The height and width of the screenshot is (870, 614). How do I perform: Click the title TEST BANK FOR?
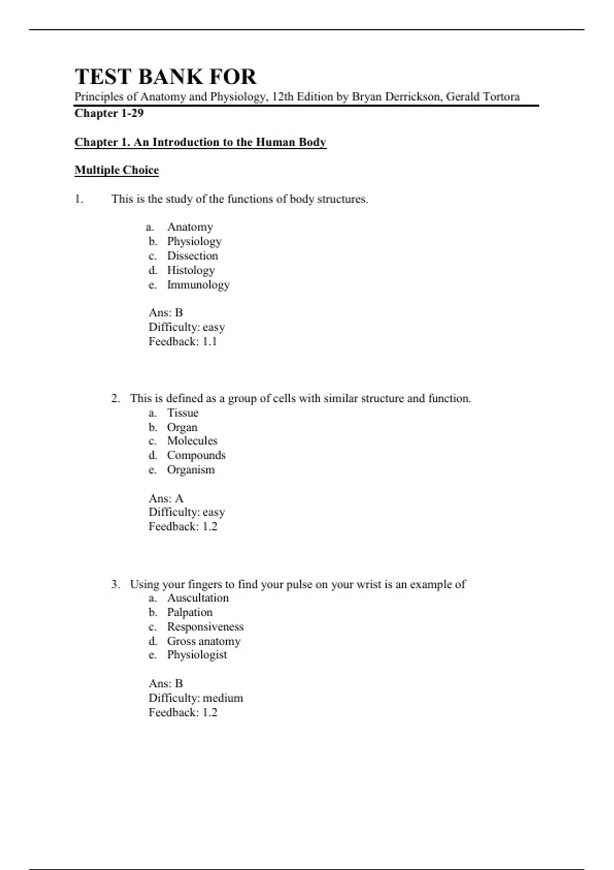(x=165, y=77)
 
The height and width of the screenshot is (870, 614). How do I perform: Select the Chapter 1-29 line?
(x=109, y=113)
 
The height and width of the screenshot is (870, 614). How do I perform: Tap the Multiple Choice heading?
(x=117, y=170)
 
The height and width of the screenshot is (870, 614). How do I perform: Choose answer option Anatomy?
(x=190, y=227)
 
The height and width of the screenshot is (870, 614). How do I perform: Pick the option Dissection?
(x=192, y=255)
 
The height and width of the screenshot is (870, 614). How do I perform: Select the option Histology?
(x=191, y=270)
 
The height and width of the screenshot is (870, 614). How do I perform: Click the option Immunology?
(x=198, y=285)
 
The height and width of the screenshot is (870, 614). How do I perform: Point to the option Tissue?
(x=183, y=412)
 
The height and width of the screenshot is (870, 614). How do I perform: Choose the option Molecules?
(x=192, y=441)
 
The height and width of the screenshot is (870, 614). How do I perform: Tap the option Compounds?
(x=196, y=455)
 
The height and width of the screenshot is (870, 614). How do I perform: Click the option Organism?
(x=191, y=470)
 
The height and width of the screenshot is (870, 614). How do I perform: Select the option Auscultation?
(x=198, y=598)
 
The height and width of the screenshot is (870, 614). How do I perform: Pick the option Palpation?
(x=190, y=612)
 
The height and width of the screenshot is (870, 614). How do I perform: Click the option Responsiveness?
(x=205, y=626)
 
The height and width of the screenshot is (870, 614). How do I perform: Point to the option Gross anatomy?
(x=204, y=641)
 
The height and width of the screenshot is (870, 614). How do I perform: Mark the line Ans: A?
(x=166, y=498)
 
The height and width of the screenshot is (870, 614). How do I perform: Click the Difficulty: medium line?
(x=196, y=698)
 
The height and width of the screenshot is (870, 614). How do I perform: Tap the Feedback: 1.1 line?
(x=183, y=341)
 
